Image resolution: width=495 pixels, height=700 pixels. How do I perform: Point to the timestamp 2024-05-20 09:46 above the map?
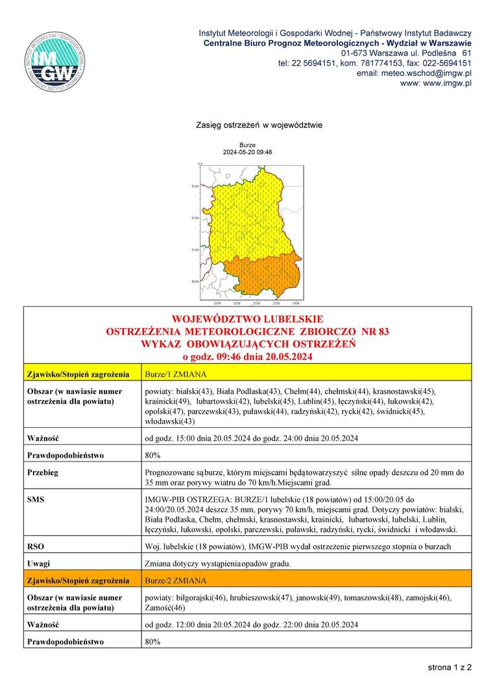click(247, 152)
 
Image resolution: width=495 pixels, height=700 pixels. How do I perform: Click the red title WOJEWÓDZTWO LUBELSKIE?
click(247, 320)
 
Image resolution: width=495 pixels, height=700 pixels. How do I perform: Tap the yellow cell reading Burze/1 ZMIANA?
click(175, 374)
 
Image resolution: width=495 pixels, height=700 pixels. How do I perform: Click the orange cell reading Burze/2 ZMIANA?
click(175, 580)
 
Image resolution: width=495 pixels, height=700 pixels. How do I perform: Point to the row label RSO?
click(36, 546)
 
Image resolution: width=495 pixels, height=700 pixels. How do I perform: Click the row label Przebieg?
click(42, 472)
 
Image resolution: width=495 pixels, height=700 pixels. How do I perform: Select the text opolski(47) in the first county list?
click(165, 411)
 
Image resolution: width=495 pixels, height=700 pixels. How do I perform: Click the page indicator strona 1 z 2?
click(449, 667)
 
